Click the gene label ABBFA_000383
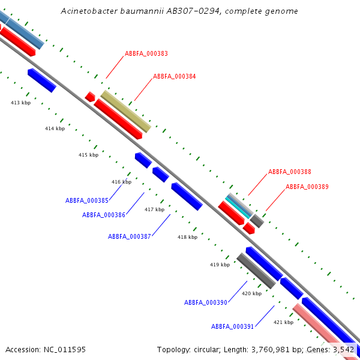146,54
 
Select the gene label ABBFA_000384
175,77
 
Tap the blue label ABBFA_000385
87,200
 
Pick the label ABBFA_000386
104,215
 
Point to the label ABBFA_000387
130,236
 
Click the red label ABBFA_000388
290,172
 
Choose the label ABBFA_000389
307,187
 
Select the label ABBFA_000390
206,303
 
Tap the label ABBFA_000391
233,326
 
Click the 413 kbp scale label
20,103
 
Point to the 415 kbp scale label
88,155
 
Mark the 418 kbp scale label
187,237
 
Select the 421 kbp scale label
283,322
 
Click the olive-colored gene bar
126,111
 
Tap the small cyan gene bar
239,206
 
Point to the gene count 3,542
343,349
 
